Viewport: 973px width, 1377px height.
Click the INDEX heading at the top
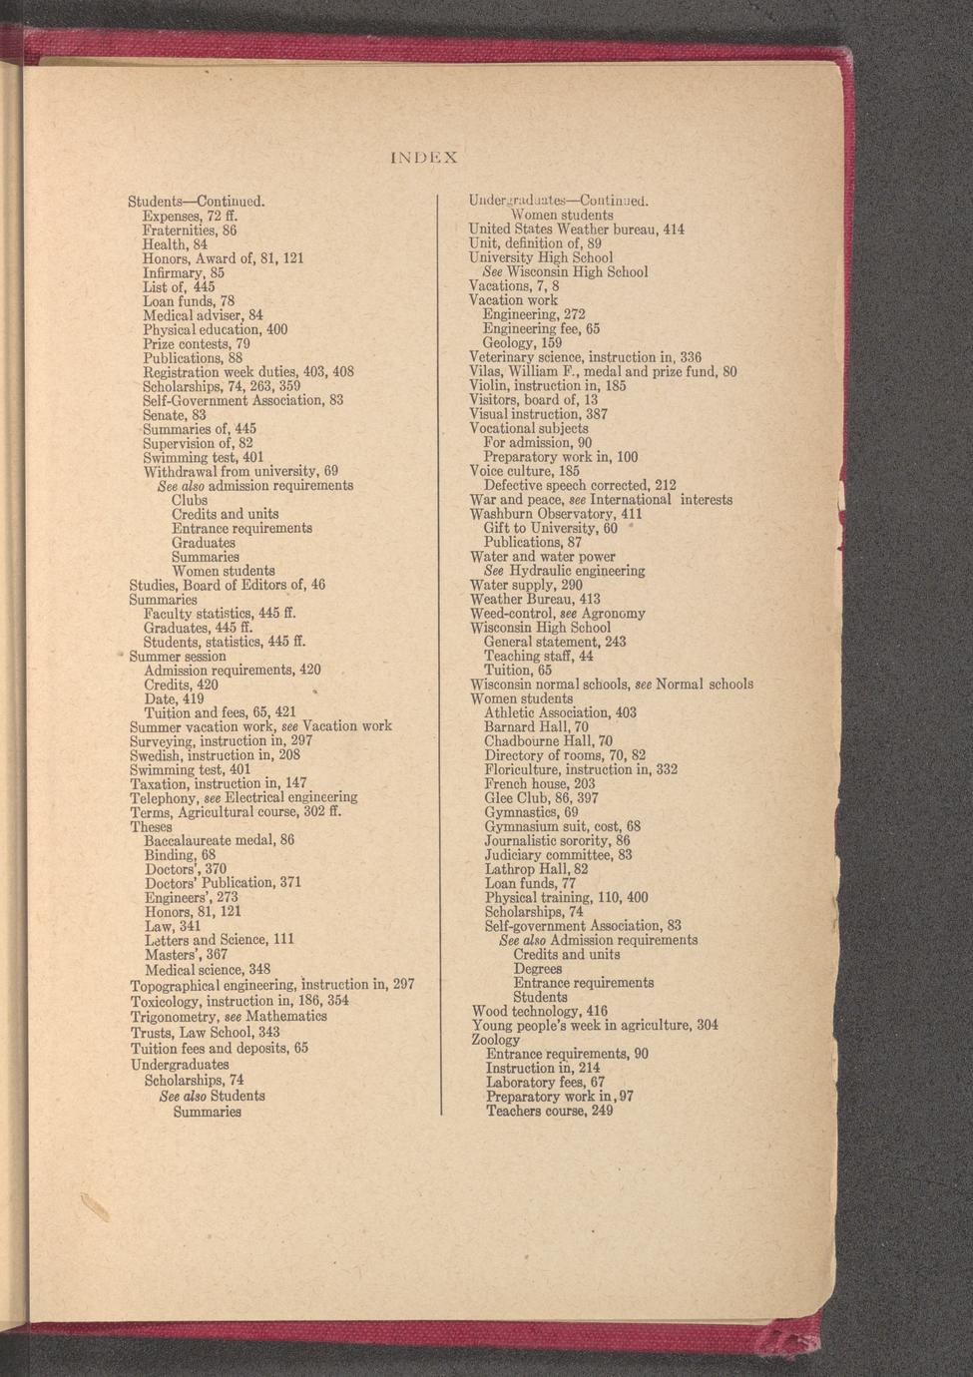pyautogui.click(x=424, y=158)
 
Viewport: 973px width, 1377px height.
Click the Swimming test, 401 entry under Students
pyautogui.click(x=204, y=458)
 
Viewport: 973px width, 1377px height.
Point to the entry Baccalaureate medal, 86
pyautogui.click(x=220, y=840)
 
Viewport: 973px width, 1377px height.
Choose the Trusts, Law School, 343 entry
pyautogui.click(x=206, y=1032)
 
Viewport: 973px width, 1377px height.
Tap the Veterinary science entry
pyautogui.click(x=586, y=357)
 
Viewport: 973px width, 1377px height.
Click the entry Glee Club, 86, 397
pyautogui.click(x=541, y=798)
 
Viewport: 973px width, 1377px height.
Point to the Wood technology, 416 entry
pyautogui.click(x=540, y=1011)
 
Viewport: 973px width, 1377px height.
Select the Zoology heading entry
pyautogui.click(x=496, y=1040)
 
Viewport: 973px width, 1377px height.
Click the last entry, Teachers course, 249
pyautogui.click(x=550, y=1111)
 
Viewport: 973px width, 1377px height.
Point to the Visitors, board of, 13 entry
pyautogui.click(x=534, y=400)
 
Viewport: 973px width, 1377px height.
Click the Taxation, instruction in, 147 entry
pyautogui.click(x=219, y=784)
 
